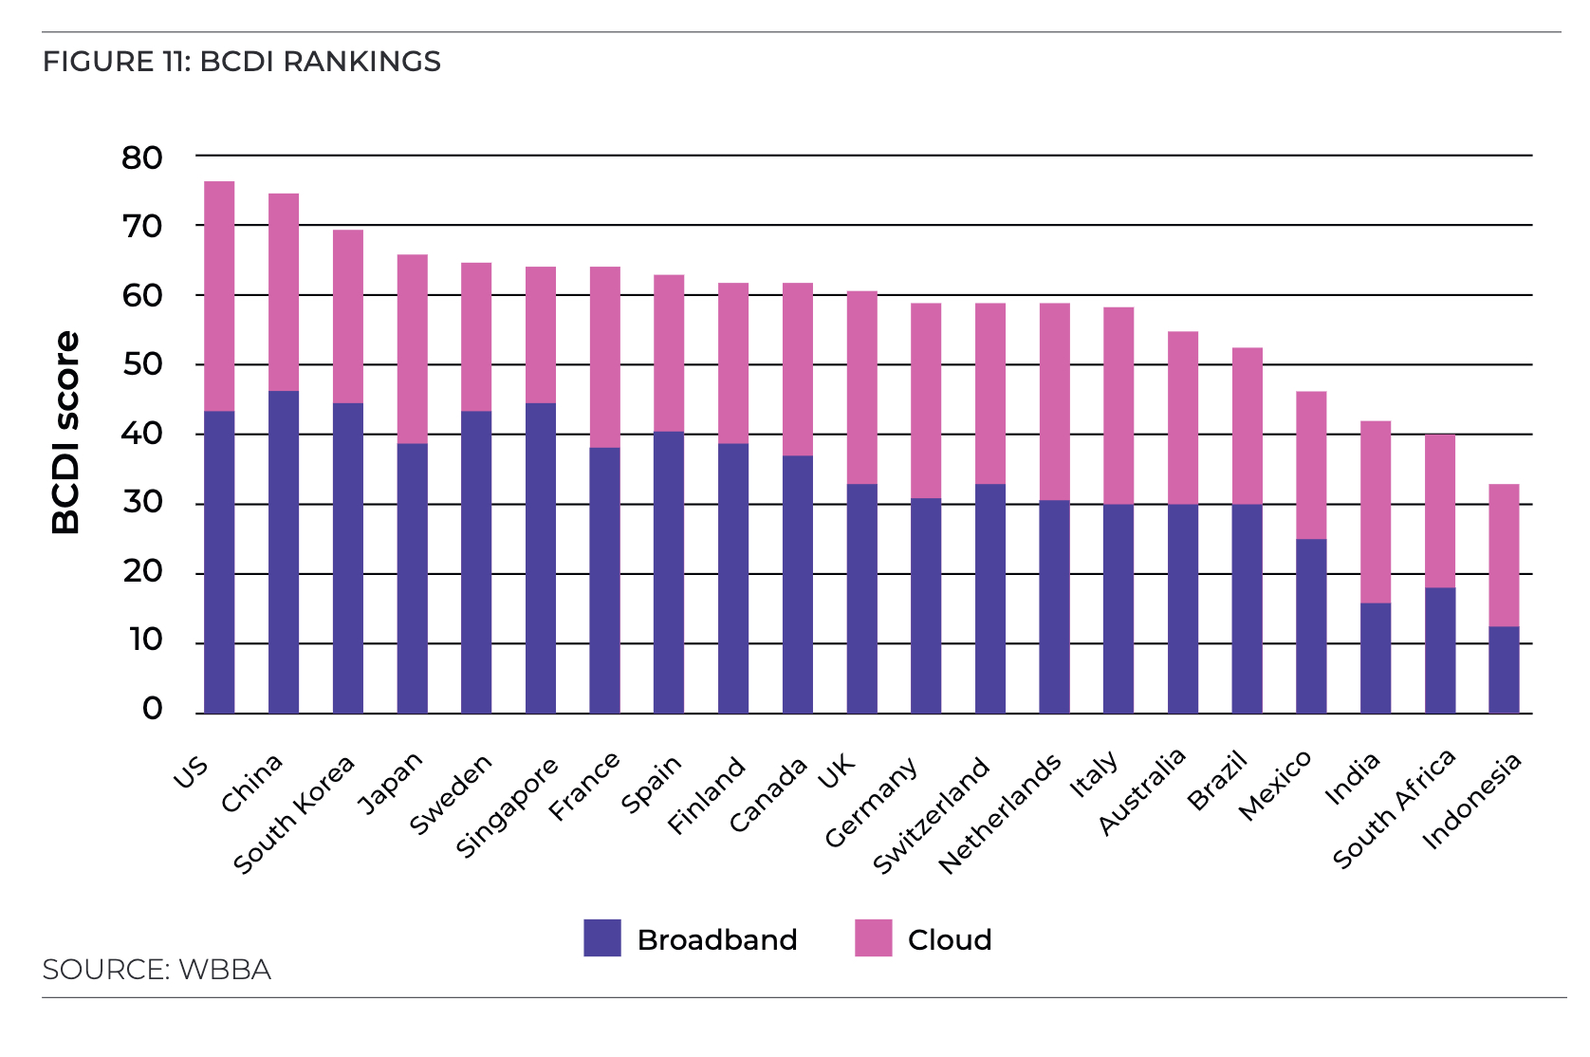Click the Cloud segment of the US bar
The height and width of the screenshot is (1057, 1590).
(x=219, y=296)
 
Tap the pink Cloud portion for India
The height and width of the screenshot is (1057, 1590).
(x=1376, y=512)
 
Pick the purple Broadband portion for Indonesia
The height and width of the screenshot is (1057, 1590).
(x=1504, y=670)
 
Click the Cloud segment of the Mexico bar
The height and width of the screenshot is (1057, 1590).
(x=1311, y=465)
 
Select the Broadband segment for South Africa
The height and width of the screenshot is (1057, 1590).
(x=1439, y=651)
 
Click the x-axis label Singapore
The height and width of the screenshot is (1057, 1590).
(x=508, y=807)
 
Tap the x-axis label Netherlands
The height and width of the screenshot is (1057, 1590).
(x=1000, y=813)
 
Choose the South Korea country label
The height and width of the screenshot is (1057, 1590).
(x=294, y=813)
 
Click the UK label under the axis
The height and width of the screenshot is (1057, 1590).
(x=837, y=771)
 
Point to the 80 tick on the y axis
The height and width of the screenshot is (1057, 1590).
(x=142, y=158)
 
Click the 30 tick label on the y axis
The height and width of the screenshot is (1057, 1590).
(x=142, y=502)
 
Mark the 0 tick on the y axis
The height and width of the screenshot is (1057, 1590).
(x=152, y=709)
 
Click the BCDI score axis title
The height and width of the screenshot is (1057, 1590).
(x=65, y=433)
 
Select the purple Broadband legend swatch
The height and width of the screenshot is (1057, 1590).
(x=602, y=937)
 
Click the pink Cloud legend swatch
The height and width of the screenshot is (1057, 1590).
(x=873, y=937)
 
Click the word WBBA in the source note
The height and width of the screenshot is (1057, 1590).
(x=225, y=970)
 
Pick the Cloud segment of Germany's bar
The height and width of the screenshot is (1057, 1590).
(x=926, y=400)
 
